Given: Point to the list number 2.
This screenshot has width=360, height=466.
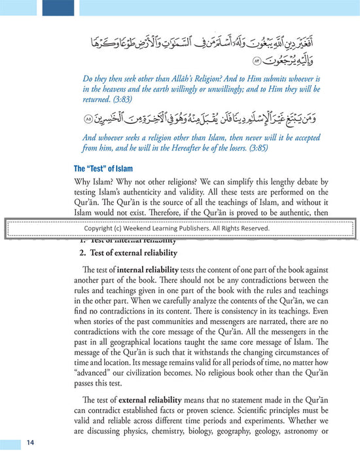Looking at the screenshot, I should [83, 253].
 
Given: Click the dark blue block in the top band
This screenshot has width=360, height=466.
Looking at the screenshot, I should [58, 8].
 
